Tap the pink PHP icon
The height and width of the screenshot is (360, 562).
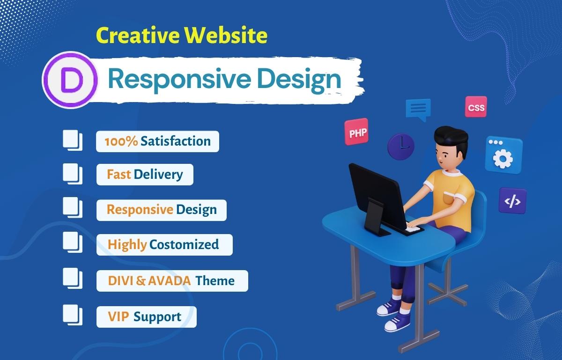point(356,132)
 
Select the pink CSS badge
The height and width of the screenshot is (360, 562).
point(476,108)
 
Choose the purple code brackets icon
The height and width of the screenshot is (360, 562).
point(512,200)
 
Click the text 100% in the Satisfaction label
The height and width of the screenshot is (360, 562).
point(121,141)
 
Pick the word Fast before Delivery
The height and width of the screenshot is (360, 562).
point(118,175)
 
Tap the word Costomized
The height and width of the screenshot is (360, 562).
point(184,244)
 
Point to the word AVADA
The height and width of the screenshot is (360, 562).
point(170,281)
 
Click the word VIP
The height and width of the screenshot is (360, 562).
point(118,316)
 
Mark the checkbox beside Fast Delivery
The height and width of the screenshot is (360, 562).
point(72,173)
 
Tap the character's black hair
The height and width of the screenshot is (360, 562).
point(451,137)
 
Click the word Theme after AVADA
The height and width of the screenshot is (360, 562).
point(215,281)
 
